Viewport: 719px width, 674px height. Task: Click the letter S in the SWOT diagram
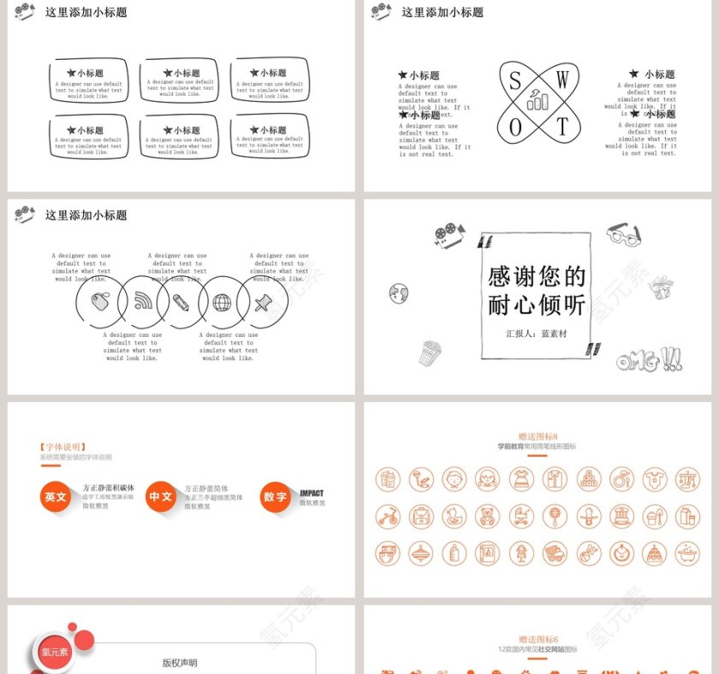(515, 80)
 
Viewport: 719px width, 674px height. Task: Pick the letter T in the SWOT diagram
(562, 127)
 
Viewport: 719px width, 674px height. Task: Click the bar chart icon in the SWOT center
(538, 103)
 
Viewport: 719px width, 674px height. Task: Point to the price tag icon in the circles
(99, 301)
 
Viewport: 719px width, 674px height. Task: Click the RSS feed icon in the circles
(143, 301)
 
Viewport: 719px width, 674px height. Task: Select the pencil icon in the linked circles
(181, 301)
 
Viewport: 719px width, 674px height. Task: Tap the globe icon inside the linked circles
(222, 302)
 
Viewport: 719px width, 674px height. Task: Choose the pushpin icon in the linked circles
(262, 301)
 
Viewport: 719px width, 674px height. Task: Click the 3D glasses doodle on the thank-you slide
(623, 234)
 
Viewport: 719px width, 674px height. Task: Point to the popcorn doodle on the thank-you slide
(429, 352)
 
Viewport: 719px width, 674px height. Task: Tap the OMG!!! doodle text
(649, 360)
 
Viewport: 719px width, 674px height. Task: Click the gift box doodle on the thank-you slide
(660, 287)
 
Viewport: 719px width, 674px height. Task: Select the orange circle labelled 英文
(56, 496)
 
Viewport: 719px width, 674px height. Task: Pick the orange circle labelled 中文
(161, 496)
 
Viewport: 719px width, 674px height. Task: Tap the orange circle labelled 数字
(276, 497)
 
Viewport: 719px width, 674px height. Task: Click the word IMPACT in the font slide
(312, 493)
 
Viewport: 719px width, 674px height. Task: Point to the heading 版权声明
(180, 662)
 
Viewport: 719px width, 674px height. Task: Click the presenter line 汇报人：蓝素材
(536, 334)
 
